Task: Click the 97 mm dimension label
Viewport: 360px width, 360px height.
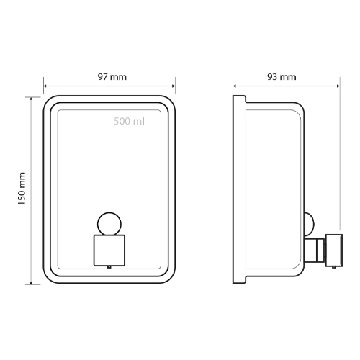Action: [112, 77]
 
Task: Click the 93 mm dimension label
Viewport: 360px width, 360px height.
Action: [282, 77]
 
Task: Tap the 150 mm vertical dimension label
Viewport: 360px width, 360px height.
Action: [22, 189]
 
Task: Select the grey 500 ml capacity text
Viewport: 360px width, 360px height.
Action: [129, 122]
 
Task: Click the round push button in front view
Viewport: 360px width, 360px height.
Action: [109, 224]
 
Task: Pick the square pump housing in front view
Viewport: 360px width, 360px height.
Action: [109, 251]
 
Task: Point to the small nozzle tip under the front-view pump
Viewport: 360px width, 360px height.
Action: [109, 267]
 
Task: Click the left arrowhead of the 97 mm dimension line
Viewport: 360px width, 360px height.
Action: [45, 86]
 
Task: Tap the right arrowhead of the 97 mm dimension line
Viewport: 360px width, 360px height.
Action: [174, 86]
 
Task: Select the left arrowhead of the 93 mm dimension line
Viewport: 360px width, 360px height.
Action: [235, 86]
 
